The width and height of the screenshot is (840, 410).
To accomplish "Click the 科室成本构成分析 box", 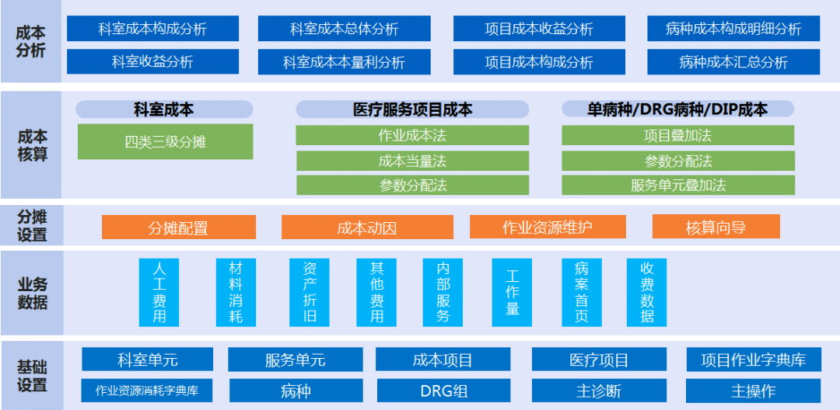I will coord(152,30).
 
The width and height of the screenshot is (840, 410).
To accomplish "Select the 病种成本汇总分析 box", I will coord(733,62).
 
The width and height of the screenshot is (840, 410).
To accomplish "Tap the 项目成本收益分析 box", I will coord(538,30).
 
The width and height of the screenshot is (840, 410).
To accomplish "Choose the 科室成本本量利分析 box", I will coord(344,62).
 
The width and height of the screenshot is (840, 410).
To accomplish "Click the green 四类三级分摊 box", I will coord(165,142).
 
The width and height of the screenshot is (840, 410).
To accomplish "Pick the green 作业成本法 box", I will coord(412,136).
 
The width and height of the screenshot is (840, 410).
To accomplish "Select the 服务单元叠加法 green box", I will coord(678,185).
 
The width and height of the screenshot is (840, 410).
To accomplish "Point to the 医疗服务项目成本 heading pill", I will coord(412,109).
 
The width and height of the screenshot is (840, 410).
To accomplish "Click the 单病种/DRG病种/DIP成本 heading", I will coord(677,109).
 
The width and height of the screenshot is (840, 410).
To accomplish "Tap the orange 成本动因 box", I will coord(366,228).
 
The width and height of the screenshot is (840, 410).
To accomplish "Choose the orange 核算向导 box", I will coord(716,228).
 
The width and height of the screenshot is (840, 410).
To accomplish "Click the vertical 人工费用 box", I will coord(159,292).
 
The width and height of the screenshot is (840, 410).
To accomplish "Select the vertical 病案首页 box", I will coord(582,292).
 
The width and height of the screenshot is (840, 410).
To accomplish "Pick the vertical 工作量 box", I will coord(512,292).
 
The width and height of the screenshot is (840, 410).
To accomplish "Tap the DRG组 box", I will coord(443,391).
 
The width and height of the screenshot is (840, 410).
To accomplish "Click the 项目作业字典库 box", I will coord(753,360).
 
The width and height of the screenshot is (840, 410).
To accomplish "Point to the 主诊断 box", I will coord(599,391).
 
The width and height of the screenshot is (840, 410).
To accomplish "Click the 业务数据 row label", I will coord(32,293).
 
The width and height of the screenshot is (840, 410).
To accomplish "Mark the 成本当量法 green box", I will coord(412,161).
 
